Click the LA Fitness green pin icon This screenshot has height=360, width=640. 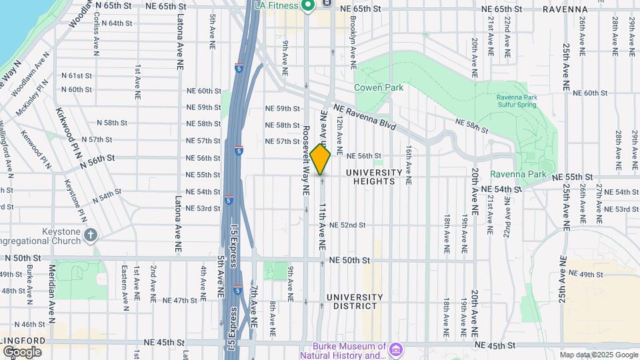point(307,6)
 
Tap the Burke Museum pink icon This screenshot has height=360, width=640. point(396,349)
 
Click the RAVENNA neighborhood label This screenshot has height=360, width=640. point(565,9)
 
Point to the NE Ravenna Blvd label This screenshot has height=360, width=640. point(364,117)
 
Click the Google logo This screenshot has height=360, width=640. point(22,351)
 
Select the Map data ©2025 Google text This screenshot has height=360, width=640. point(598,355)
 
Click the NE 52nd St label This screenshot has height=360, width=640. point(347,225)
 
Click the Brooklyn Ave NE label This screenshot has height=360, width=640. point(355,47)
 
